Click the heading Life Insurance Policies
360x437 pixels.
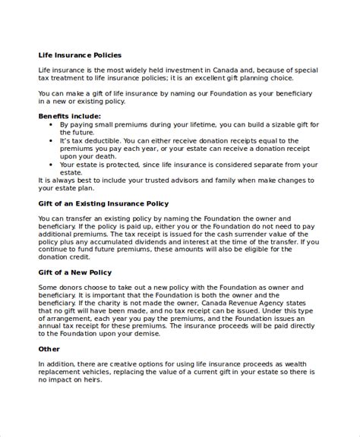pyautogui.click(x=80, y=55)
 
